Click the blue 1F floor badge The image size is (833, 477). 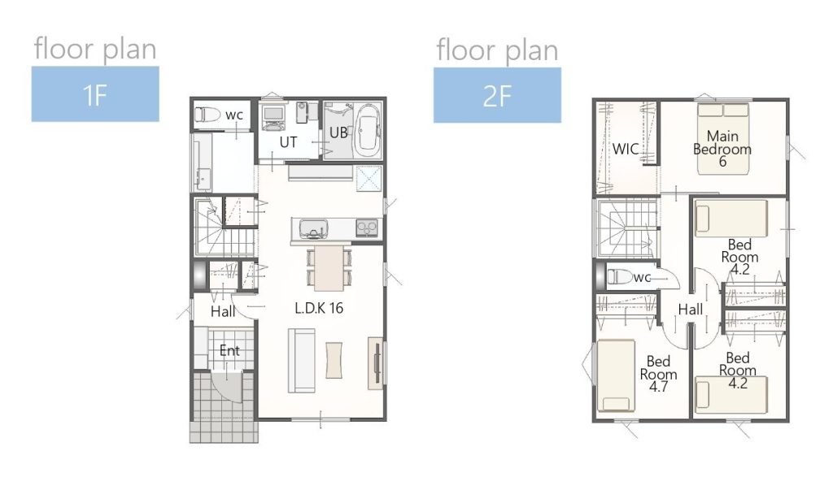[95, 94]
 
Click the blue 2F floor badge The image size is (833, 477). [497, 96]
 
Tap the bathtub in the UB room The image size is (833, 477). [368, 131]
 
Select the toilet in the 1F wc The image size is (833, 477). [207, 114]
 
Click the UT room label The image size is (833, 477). [288, 142]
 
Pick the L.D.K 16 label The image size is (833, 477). [319, 308]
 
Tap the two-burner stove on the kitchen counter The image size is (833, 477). [367, 228]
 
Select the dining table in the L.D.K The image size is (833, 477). [329, 268]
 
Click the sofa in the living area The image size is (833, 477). [302, 361]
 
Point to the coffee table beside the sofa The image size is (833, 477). [334, 360]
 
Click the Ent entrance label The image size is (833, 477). [229, 350]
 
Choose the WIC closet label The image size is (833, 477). [626, 149]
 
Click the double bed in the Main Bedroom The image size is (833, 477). [723, 138]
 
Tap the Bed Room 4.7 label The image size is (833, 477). [658, 374]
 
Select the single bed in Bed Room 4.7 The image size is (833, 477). [617, 376]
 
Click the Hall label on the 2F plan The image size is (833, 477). [690, 310]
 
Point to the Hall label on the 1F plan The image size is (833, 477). [223, 311]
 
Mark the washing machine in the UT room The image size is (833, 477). [273, 118]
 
